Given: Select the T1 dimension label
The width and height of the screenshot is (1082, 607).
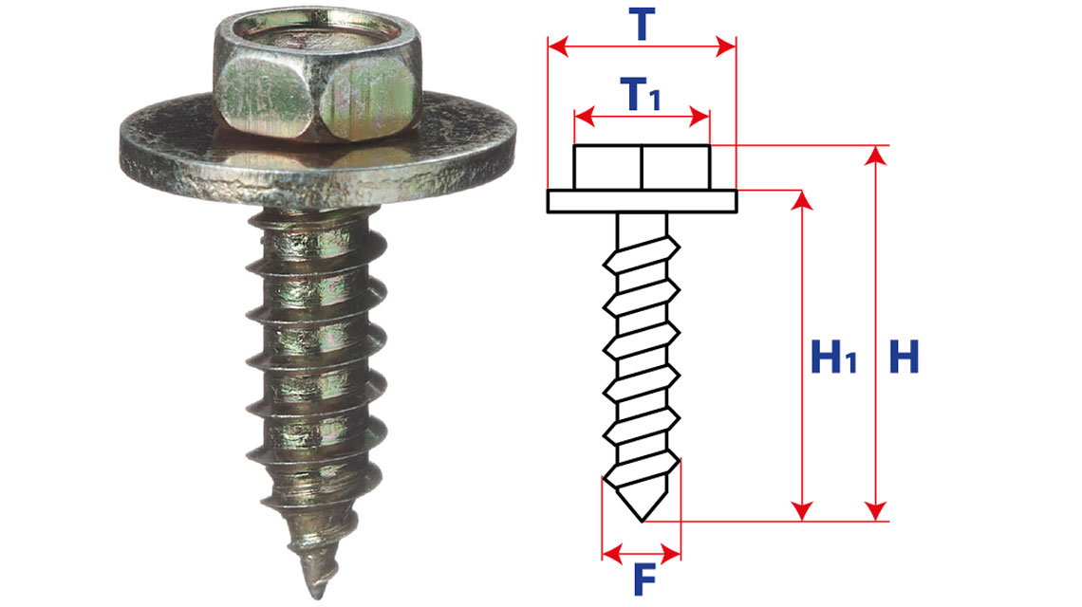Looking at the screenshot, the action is click(641, 94).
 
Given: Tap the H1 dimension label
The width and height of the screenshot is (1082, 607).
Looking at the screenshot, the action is click(833, 358).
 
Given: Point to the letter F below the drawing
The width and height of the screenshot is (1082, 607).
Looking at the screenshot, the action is click(644, 579).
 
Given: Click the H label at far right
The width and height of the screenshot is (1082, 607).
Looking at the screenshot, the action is click(904, 357).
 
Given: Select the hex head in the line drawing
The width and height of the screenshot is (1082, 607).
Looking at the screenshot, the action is click(642, 167).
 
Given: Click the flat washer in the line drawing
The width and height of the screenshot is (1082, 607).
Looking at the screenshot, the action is click(642, 201).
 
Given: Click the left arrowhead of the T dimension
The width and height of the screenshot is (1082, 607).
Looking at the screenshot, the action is click(557, 46).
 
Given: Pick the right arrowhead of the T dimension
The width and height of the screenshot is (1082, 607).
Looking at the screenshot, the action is click(726, 46).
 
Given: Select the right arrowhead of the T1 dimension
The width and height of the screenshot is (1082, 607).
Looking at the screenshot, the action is click(700, 117).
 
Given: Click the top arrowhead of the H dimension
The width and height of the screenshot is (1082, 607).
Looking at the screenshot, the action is click(876, 156).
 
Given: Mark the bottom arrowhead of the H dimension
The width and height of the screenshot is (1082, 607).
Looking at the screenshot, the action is click(876, 511).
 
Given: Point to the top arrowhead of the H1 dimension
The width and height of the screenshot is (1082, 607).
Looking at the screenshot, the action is click(802, 200).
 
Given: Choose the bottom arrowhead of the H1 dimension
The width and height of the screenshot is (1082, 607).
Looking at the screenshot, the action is click(802, 511).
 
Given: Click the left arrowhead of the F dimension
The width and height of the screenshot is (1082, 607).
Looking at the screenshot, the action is click(612, 553).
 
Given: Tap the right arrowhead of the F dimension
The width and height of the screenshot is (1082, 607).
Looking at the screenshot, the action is click(671, 553).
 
